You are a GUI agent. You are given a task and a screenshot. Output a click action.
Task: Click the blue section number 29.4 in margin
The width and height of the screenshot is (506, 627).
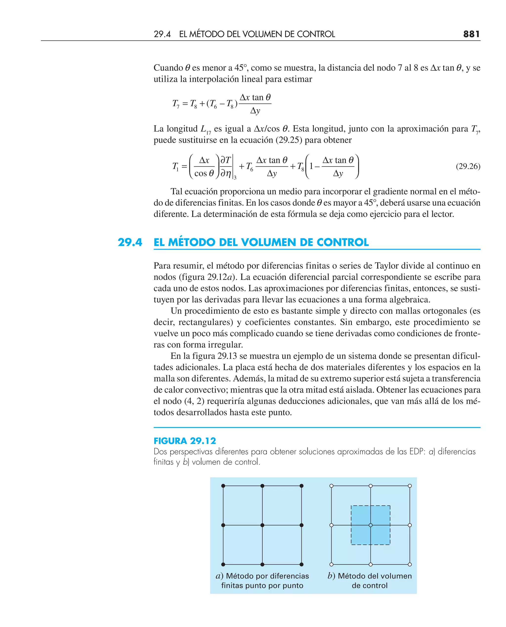[x=130, y=242]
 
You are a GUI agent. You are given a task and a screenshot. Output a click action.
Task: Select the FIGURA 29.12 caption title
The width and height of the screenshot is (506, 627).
[x=185, y=441]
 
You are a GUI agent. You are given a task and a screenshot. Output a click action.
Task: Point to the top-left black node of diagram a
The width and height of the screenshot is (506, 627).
[x=223, y=486]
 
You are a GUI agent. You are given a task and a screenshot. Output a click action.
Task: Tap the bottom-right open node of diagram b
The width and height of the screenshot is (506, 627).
[x=410, y=564]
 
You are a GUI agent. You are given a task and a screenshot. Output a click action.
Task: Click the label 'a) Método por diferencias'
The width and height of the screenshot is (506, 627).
[x=262, y=576]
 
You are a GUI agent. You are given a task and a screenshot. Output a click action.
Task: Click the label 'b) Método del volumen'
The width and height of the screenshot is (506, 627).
[x=370, y=576]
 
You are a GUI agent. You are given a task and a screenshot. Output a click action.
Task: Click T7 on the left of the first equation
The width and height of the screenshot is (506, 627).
[x=176, y=104]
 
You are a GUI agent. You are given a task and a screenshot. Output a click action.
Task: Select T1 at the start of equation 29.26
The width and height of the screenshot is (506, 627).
[x=175, y=167]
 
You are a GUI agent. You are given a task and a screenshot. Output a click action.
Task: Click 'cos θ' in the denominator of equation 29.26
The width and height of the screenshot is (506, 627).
[x=204, y=173]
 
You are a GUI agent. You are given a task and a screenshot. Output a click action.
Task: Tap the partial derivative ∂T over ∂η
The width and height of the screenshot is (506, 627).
[x=226, y=167]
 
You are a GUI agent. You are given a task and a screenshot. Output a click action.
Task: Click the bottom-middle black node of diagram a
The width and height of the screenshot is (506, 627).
[x=262, y=564]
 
